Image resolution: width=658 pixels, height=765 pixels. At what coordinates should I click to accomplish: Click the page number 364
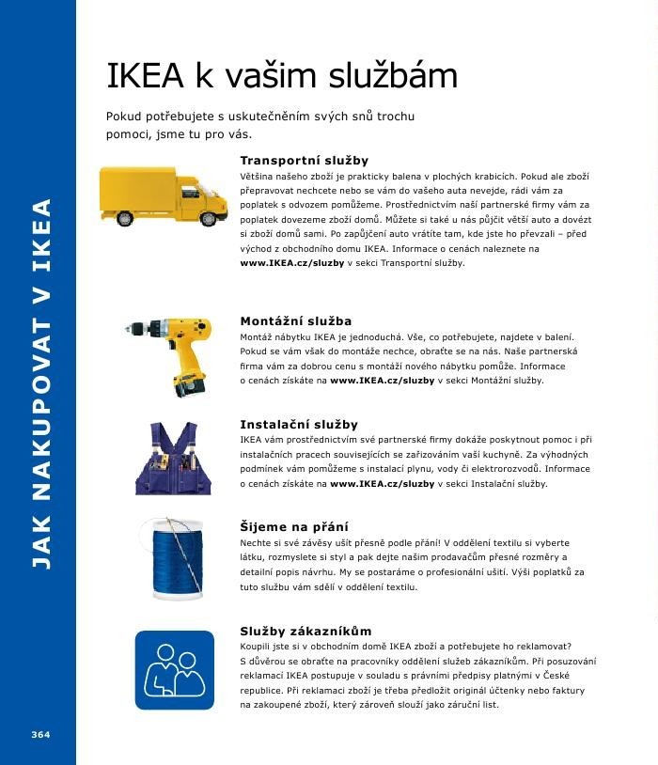click(39, 734)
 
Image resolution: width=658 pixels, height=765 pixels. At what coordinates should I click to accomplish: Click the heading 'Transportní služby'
click(304, 161)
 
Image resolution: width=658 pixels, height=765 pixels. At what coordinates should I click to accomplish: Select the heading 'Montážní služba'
click(296, 321)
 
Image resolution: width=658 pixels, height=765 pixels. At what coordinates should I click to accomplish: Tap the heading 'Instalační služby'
click(299, 425)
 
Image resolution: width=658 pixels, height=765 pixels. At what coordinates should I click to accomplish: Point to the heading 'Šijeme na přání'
click(294, 527)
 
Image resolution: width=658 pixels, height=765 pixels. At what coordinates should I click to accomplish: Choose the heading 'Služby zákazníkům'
click(305, 631)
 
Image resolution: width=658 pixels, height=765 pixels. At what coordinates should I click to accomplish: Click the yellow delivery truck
click(164, 195)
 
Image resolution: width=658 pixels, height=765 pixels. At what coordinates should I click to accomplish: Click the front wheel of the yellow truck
click(208, 218)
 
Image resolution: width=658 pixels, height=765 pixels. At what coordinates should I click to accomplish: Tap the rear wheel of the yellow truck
click(125, 218)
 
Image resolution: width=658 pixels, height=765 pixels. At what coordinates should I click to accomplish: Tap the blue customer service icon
click(175, 669)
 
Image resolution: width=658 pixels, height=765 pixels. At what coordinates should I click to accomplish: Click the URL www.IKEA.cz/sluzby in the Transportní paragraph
click(292, 263)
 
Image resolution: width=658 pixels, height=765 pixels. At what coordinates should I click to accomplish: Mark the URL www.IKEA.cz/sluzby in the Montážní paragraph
click(383, 381)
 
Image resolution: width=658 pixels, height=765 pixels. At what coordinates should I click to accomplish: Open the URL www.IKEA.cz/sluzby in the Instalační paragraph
click(383, 484)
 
